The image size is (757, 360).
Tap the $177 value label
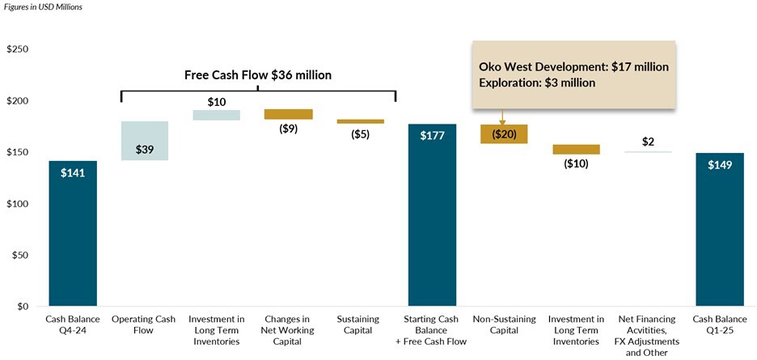click(432, 135)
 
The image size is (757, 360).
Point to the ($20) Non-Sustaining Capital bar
click(504, 134)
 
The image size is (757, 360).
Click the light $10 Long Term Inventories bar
click(216, 115)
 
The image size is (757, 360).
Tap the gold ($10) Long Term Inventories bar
click(576, 149)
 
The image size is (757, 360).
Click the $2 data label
click(648, 142)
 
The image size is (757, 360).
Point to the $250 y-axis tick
click(17, 49)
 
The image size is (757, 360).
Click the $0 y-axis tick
click(22, 307)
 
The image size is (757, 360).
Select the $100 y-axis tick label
click(17, 204)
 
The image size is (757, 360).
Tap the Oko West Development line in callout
click(573, 66)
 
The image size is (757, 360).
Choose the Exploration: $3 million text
click(537, 83)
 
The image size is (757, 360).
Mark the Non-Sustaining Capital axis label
click(504, 324)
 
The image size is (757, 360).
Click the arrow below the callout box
click(502, 118)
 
